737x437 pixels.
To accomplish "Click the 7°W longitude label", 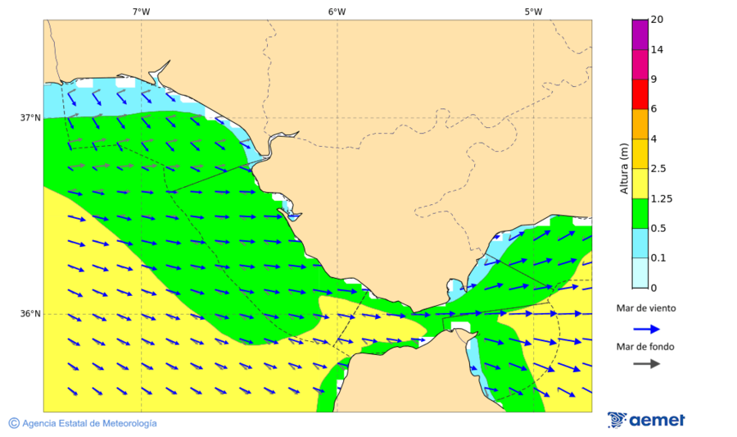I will click(x=141, y=11).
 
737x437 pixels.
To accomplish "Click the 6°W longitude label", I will click(x=337, y=11).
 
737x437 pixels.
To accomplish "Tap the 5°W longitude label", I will click(x=533, y=11).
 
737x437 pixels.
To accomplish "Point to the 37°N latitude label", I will click(x=30, y=118).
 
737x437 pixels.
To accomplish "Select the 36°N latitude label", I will click(x=30, y=314).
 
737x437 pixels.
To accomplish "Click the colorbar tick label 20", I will click(x=656, y=20).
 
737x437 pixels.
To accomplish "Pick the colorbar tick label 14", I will click(x=656, y=50).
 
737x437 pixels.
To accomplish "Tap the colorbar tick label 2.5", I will click(x=658, y=169).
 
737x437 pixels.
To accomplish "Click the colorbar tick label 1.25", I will click(x=660, y=198).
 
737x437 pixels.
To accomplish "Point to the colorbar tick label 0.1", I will click(x=658, y=258).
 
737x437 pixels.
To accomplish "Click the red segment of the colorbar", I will click(x=640, y=94).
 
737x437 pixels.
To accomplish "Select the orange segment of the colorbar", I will click(x=640, y=124).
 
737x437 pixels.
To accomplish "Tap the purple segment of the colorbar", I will click(x=640, y=34).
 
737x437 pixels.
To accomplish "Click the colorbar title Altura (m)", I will click(x=624, y=168).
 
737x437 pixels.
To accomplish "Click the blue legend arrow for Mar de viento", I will click(x=646, y=329).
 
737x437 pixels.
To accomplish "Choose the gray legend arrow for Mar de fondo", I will click(x=646, y=363).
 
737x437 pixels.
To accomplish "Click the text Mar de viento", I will click(x=646, y=308).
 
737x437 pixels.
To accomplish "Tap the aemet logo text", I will click(x=657, y=421).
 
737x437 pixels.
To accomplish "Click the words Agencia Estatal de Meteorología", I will click(x=89, y=424).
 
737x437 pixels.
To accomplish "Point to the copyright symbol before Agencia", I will click(x=14, y=423).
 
